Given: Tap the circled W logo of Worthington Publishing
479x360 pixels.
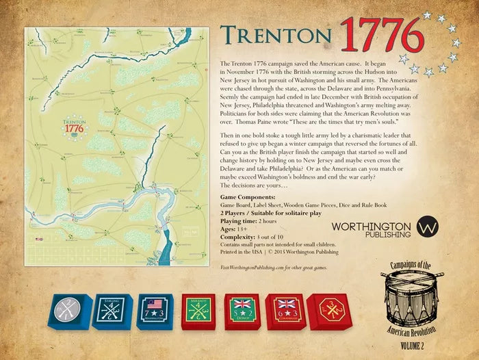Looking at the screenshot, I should click(x=429, y=227).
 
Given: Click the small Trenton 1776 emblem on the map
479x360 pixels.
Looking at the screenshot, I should click(x=74, y=127).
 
